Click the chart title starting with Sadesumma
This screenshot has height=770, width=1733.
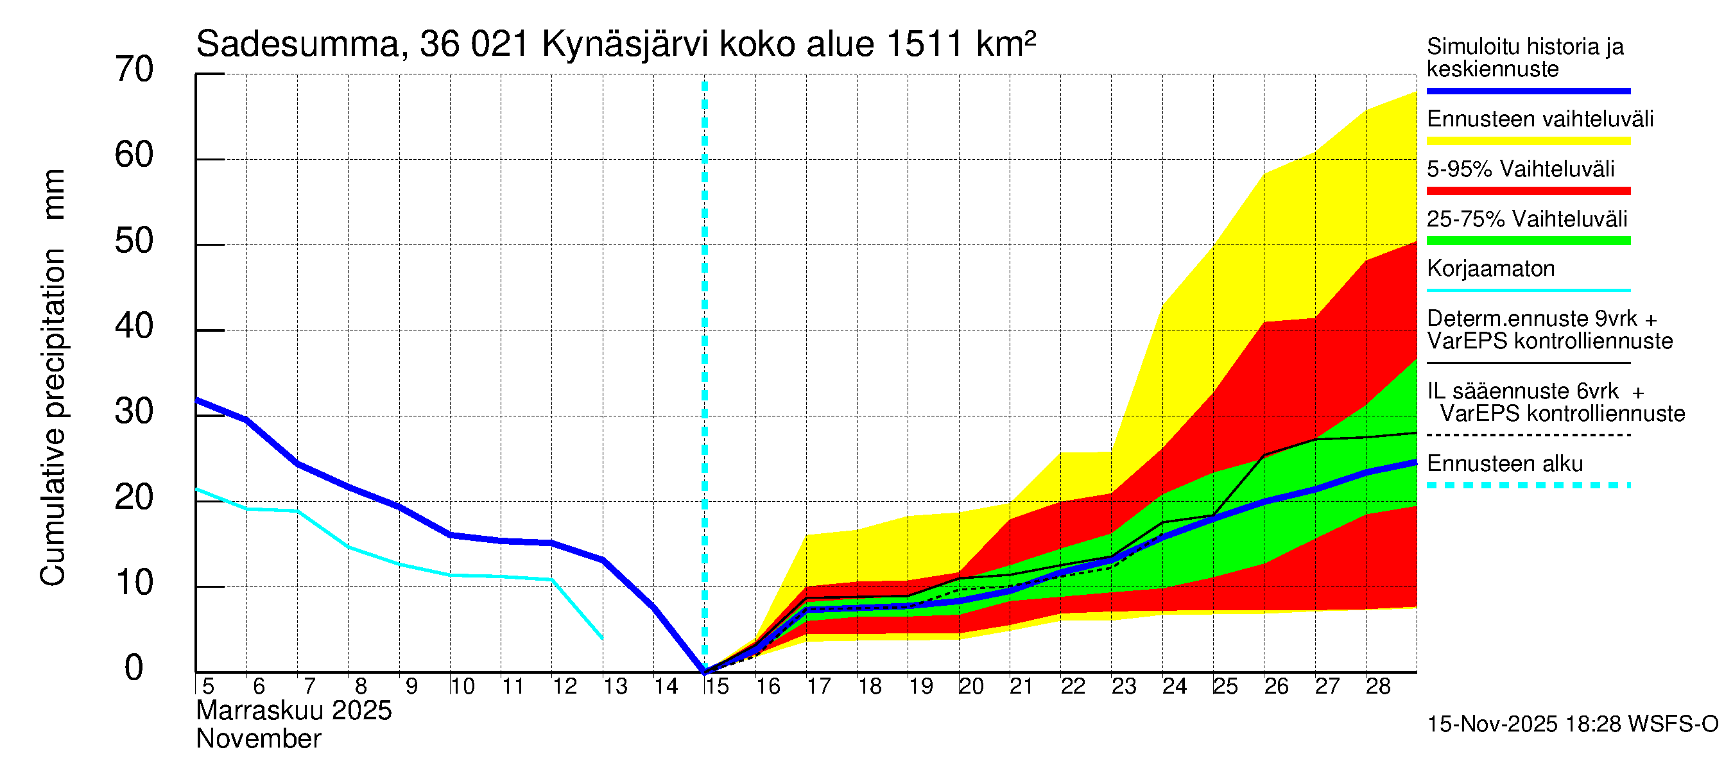pos(616,44)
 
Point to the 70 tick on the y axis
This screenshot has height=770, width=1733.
pos(134,70)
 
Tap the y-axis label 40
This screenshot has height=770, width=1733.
pos(134,327)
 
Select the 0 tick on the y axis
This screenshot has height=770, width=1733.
pos(134,669)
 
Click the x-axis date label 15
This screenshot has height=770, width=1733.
pos(717,687)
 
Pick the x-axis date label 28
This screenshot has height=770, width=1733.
pos(1378,687)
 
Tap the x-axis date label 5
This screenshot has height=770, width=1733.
pos(208,687)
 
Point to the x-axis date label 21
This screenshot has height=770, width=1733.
pos(1021,687)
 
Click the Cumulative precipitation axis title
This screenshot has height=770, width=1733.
pos(53,377)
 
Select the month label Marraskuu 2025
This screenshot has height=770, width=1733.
pos(293,711)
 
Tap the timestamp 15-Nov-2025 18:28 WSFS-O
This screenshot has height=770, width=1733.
pos(1572,724)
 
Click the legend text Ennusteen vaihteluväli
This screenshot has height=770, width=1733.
pos(1540,119)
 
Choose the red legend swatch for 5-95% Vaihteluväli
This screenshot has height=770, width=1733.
pos(1528,191)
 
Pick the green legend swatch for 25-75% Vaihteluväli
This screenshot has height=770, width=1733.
pos(1528,241)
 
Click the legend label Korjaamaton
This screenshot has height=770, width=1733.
pos(1491,269)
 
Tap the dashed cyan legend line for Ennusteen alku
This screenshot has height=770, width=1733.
pos(1528,485)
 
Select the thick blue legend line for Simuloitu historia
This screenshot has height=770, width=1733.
pos(1528,90)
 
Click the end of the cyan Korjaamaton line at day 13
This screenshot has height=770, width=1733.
pos(602,638)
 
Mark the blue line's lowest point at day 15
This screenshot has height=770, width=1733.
pos(704,671)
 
